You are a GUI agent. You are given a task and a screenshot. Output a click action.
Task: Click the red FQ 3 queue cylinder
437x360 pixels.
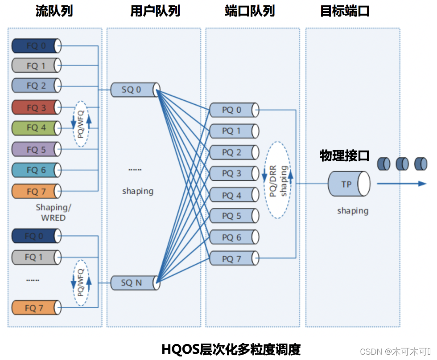36,107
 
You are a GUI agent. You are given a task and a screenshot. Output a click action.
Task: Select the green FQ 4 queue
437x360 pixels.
36,128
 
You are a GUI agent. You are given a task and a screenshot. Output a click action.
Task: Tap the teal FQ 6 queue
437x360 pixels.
36,170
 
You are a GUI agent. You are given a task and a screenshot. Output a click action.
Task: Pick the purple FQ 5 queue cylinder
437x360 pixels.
36,149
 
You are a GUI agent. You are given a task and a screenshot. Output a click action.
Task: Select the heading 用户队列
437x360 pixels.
155,11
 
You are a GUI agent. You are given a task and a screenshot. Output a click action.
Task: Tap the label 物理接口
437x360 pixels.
345,155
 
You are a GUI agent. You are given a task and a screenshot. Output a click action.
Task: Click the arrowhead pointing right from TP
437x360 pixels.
422,184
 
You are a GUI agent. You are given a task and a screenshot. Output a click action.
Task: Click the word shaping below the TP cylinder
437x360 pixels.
353,211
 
